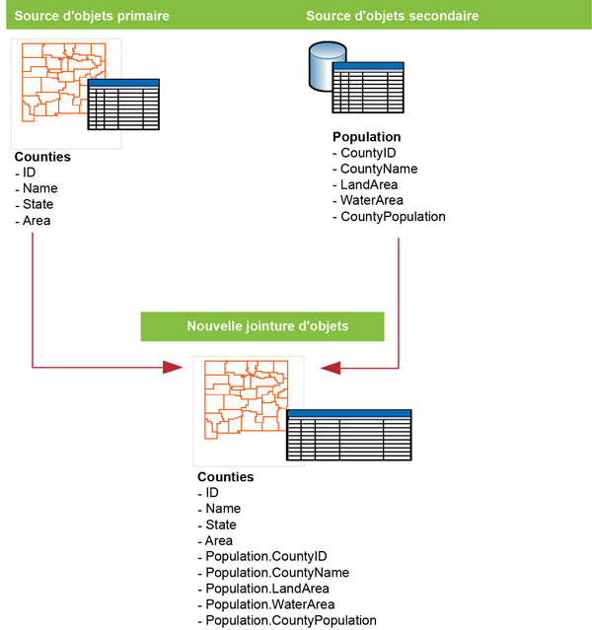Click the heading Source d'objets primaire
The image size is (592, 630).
[92, 16]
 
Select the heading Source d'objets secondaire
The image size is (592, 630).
[392, 16]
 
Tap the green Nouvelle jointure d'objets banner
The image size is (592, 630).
[267, 326]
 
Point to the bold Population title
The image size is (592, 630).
[367, 137]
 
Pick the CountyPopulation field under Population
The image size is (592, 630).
[393, 217]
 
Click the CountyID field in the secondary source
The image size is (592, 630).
[368, 153]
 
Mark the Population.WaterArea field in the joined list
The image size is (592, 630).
[269, 604]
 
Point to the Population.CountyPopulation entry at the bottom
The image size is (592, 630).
[291, 620]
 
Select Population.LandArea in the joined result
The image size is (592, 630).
[267, 589]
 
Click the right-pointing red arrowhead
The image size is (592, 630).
[174, 368]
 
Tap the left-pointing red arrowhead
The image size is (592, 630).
[331, 368]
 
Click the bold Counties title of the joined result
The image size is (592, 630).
[226, 477]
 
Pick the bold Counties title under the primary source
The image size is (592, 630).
[42, 157]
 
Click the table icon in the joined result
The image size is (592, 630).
[348, 435]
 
